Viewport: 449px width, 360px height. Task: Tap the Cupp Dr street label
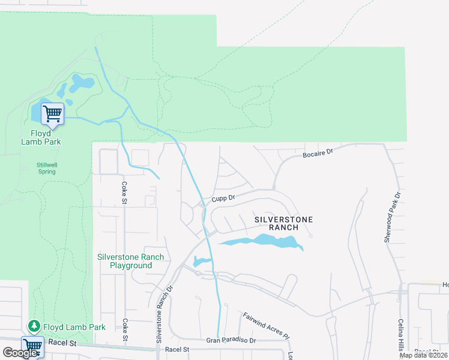point(223,197)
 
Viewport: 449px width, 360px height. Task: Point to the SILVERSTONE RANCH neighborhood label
point(283,224)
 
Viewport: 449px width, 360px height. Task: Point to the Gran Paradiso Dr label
point(231,340)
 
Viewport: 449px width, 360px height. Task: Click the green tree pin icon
point(35,326)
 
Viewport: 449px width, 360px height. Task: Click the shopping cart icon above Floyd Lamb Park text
point(52,114)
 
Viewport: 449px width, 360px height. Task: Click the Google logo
point(20,353)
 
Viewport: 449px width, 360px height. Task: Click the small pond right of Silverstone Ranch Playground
point(202,262)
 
